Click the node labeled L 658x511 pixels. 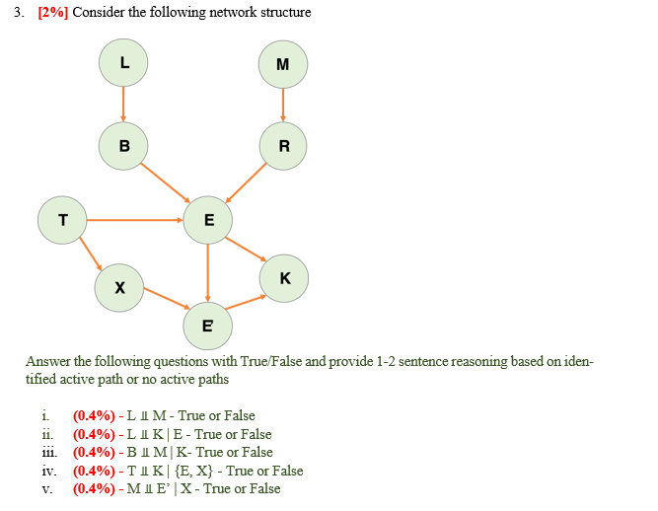click(123, 62)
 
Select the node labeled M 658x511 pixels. click(283, 65)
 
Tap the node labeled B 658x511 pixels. click(123, 146)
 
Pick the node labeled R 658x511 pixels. click(284, 147)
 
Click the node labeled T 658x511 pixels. click(62, 219)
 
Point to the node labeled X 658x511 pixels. click(119, 288)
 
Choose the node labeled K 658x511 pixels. click(284, 278)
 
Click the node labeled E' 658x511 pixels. click(208, 325)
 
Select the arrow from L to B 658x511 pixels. click(123, 104)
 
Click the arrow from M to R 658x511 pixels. click(283, 106)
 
